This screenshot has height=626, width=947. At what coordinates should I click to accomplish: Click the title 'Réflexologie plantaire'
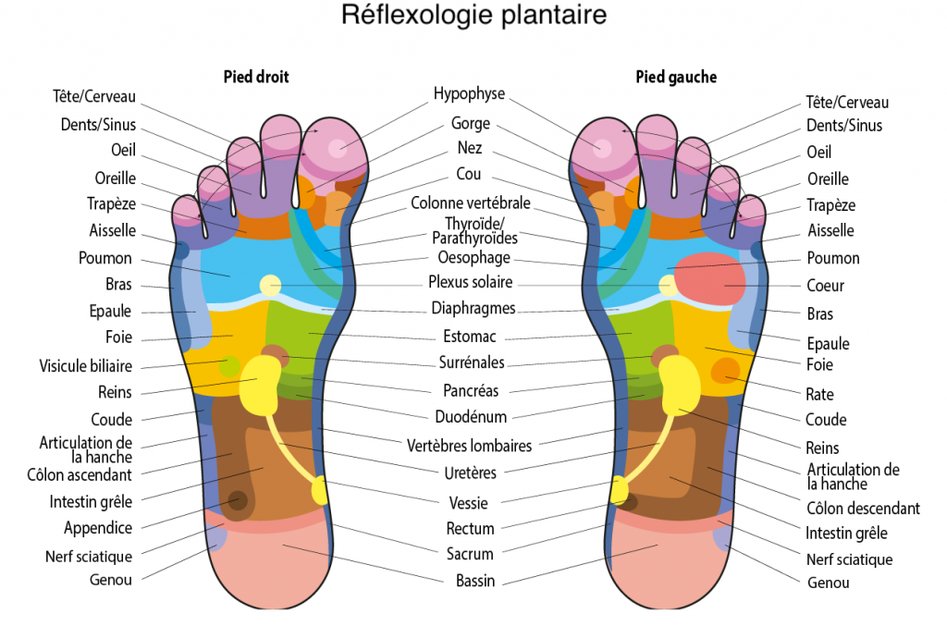473,15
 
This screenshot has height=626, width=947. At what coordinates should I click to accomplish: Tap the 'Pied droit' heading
256,77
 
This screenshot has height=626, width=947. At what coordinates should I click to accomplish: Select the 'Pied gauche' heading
676,77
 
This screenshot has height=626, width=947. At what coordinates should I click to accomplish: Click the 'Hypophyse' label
469,93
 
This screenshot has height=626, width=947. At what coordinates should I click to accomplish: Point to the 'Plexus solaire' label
471,282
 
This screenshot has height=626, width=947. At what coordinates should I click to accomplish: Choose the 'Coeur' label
825,286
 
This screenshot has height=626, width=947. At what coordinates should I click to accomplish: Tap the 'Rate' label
819,394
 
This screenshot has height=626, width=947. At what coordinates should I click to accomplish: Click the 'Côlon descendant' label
863,509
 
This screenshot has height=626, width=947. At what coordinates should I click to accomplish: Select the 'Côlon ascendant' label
80,474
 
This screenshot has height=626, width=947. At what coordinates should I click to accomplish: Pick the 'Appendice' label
98,528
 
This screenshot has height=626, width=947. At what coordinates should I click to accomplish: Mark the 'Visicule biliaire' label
86,366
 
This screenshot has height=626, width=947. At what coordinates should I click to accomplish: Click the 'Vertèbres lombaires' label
469,446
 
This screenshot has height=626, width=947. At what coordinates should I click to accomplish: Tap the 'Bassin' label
475,581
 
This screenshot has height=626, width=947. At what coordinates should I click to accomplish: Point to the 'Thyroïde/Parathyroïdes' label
474,231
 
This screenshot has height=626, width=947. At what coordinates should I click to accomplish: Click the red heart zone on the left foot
709,279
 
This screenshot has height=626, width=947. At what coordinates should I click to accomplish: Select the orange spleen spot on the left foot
725,371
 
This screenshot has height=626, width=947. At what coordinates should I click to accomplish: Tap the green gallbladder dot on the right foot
229,366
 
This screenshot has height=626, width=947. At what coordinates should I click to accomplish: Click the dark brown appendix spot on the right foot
238,500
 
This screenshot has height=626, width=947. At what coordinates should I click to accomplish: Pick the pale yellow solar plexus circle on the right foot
271,286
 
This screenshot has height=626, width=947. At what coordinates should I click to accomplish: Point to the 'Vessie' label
468,503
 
